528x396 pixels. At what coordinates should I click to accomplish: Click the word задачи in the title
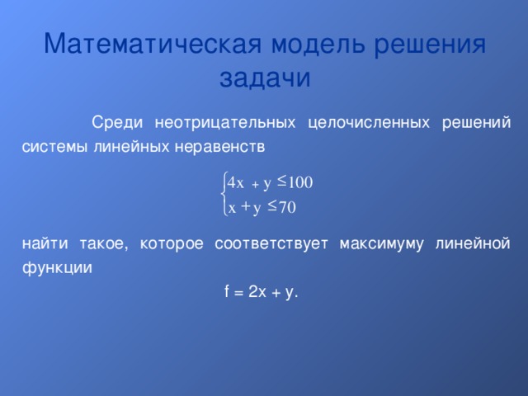(264, 78)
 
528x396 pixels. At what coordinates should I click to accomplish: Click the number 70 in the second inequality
(287, 207)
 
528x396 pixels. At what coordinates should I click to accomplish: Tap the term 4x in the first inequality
(235, 182)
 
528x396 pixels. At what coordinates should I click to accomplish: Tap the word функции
(57, 268)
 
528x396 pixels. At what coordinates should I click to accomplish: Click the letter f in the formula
(226, 291)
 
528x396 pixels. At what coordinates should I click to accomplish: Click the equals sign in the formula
(238, 292)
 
